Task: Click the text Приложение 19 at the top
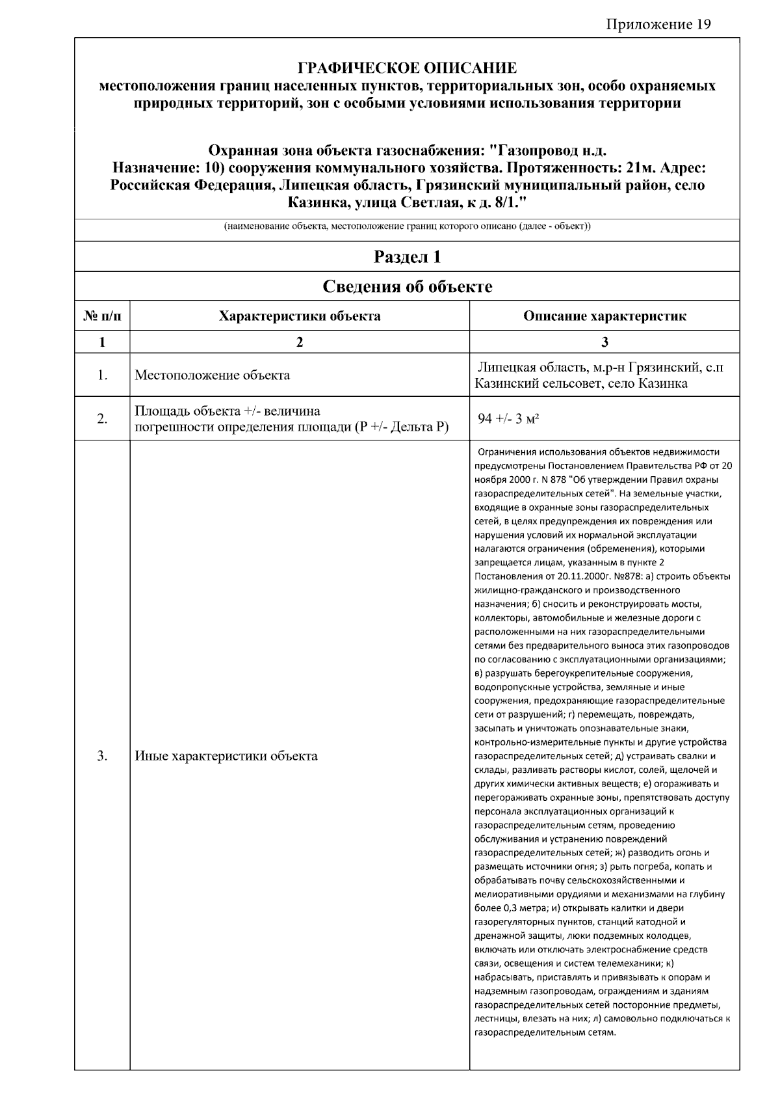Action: coord(658,25)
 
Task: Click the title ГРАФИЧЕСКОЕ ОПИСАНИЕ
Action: coord(407,68)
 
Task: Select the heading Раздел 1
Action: coord(407,257)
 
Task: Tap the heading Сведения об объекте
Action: coord(407,286)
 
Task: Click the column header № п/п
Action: coord(102,316)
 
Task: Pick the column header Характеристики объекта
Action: coord(299,316)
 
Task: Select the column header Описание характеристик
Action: coord(604,316)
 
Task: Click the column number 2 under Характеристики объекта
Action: coord(299,342)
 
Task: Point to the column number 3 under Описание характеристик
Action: coord(604,342)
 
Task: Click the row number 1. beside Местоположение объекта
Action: coord(102,375)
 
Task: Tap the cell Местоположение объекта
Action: coord(212,375)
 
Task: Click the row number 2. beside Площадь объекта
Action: coord(102,419)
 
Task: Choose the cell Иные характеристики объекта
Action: coord(226,756)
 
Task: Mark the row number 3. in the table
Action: coord(102,756)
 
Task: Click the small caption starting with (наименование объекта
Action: coord(407,226)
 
